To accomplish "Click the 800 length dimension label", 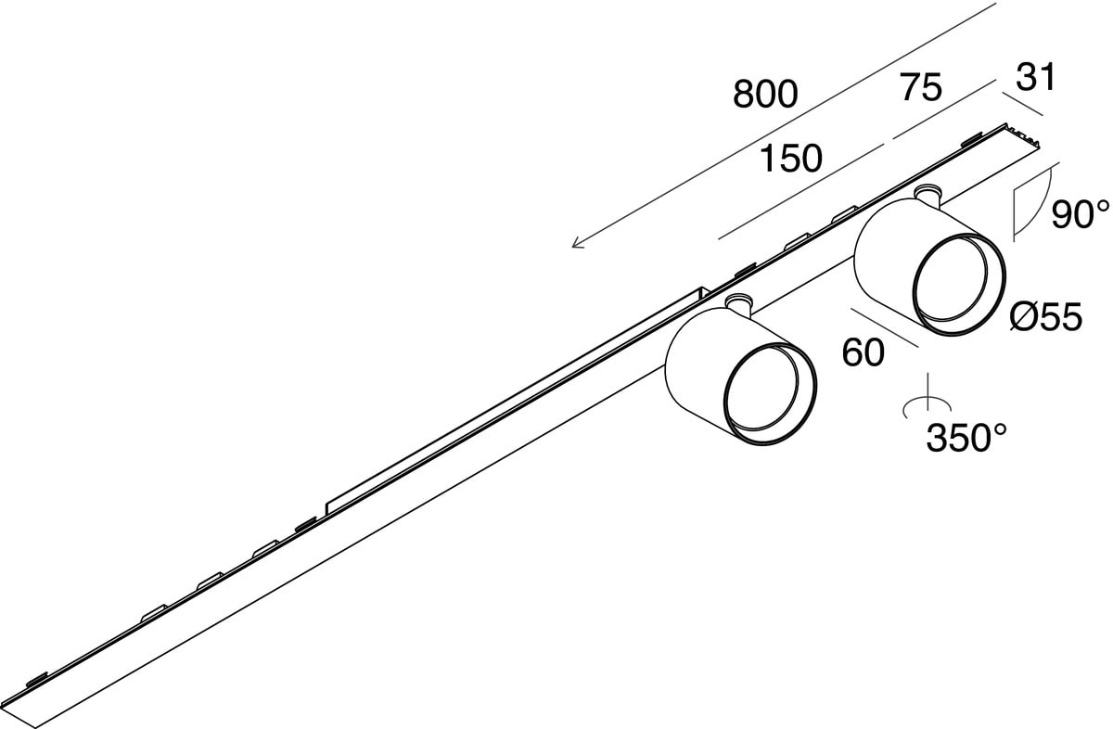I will coord(765,94).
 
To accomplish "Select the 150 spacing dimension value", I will coord(790,160).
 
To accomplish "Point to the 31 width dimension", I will coord(1036,79).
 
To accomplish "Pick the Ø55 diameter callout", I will coord(1045,318).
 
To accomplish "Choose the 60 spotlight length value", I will coord(863,352).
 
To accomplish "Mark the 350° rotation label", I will coord(967,437).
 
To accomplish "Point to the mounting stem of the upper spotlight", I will coord(926,195).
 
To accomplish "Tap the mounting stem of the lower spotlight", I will coord(739,302).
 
